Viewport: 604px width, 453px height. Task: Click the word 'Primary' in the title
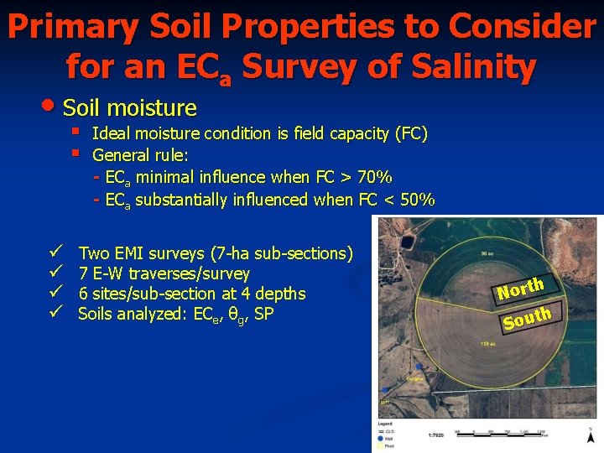tap(71, 27)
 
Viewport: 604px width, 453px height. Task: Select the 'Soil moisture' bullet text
tap(130, 107)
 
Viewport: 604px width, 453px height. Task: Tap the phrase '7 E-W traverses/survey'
tap(164, 273)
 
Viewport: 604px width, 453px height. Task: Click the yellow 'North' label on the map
tap(521, 289)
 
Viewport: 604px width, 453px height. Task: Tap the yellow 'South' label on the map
tap(527, 318)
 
